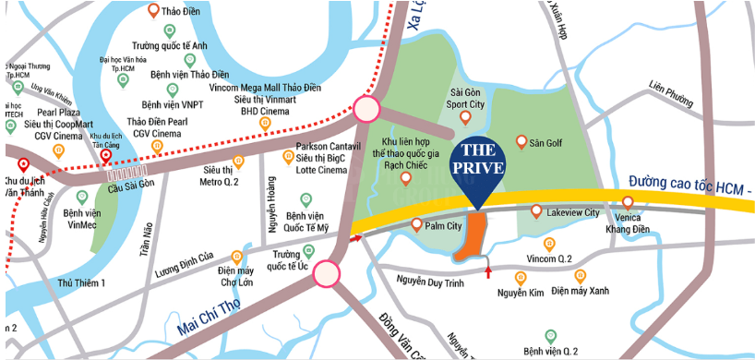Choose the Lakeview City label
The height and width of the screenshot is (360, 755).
pyautogui.click(x=572, y=212)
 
